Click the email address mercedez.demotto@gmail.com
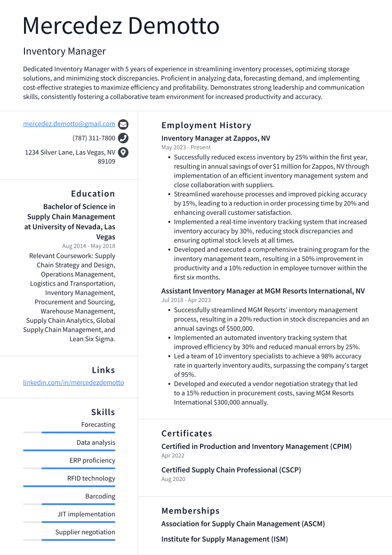tap(69, 124)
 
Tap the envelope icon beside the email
tap(123, 124)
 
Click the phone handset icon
tap(123, 138)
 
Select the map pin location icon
tap(123, 152)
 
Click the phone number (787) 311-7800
tap(94, 138)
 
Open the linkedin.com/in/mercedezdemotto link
tap(73, 383)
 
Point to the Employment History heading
tap(206, 125)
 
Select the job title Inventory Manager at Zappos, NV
tap(216, 139)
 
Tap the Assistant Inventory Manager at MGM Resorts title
tap(263, 291)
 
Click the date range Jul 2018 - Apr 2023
tap(186, 300)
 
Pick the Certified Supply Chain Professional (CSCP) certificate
tap(231, 470)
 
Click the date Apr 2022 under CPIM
tap(173, 456)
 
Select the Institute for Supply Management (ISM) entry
tap(224, 539)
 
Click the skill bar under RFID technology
tap(69, 486)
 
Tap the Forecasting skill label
tap(98, 424)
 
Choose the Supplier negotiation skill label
tap(85, 532)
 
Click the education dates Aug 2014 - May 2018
tap(88, 246)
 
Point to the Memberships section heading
tap(190, 511)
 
